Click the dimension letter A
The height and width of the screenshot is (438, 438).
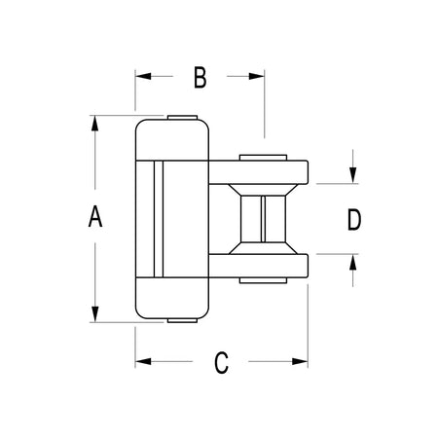[x=95, y=216]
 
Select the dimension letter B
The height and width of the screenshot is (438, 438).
[x=201, y=77]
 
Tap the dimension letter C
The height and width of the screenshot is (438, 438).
[x=221, y=362]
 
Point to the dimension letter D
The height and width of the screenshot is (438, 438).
[x=354, y=220]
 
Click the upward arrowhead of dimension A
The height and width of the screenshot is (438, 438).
[x=94, y=124]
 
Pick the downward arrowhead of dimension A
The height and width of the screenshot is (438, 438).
[x=94, y=314]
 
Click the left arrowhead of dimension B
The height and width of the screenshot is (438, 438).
[x=143, y=76]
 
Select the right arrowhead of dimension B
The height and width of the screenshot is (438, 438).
[x=256, y=76]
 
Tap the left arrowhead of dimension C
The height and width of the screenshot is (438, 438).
[x=143, y=361]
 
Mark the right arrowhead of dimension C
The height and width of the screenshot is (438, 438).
[x=300, y=361]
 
